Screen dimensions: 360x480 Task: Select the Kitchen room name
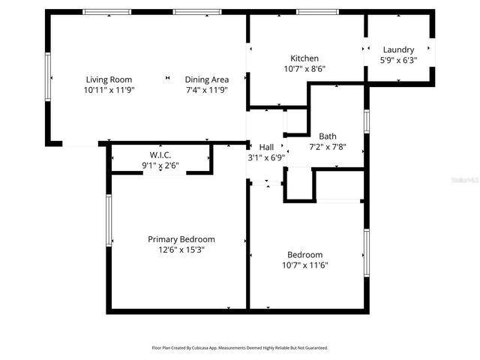click(x=304, y=58)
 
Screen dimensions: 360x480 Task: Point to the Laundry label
click(x=398, y=50)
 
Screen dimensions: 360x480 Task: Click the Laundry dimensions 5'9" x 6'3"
click(x=398, y=61)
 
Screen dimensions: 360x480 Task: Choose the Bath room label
click(x=328, y=136)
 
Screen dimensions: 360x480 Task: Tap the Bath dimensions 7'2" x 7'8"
click(x=328, y=147)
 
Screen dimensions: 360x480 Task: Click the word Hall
click(x=266, y=147)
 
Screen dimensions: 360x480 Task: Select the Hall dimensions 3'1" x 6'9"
click(x=266, y=157)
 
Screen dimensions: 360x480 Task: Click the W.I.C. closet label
click(x=160, y=154)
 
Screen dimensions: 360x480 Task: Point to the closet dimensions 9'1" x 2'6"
click(x=160, y=165)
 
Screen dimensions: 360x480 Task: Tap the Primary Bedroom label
click(x=181, y=239)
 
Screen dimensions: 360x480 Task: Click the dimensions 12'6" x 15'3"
click(x=181, y=250)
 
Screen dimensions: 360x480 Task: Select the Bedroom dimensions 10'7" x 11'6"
click(x=304, y=265)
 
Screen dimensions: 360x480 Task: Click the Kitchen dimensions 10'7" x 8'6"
click(x=304, y=69)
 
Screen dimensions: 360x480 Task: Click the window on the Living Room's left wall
click(x=49, y=77)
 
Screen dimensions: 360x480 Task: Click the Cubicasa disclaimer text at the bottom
click(x=240, y=348)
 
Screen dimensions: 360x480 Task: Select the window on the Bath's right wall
click(x=367, y=121)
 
